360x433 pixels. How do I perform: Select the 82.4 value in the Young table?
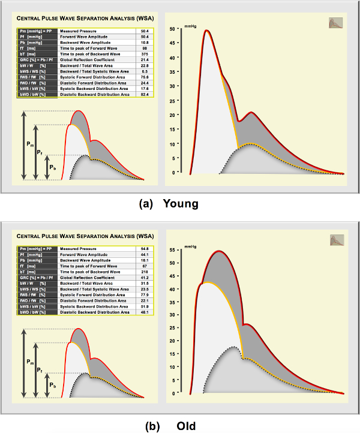(x=145, y=94)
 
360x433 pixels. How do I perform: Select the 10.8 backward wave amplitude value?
(x=145, y=42)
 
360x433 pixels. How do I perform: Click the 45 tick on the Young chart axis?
(x=172, y=43)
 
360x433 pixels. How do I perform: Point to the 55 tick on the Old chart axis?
(x=172, y=249)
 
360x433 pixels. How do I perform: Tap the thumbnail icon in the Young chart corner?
(x=336, y=23)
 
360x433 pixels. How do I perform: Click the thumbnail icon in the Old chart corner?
(x=336, y=240)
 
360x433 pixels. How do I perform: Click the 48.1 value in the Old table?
(x=145, y=312)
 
